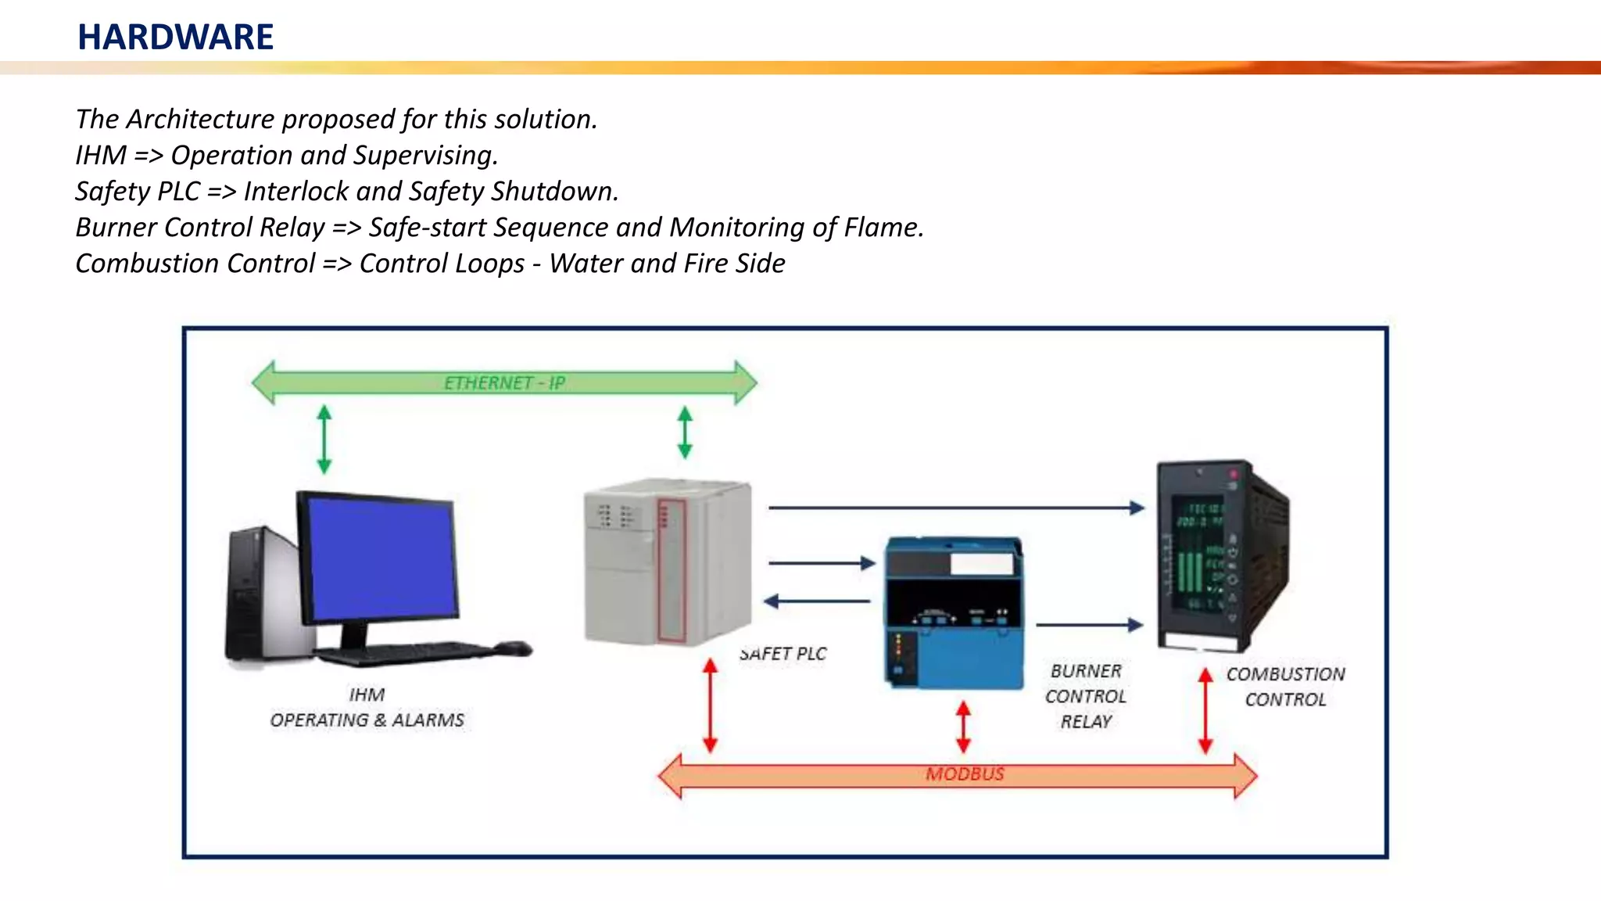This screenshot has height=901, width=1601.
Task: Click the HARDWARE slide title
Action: coord(175,37)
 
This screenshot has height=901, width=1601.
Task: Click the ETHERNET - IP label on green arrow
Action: coord(504,382)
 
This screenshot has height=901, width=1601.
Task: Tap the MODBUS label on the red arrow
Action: coord(965,774)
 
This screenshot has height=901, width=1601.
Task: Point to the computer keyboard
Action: coord(407,652)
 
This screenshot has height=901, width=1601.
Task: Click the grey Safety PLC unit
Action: coord(667,563)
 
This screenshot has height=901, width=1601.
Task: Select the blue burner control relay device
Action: coord(954,614)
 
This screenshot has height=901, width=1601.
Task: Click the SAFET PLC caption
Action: coord(783,654)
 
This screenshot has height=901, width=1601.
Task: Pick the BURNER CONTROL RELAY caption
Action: coord(1086,696)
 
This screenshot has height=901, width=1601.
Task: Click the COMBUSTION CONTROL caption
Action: coord(1285,687)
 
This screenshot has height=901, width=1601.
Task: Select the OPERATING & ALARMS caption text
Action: coord(367,720)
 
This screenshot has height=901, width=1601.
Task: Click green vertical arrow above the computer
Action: coord(324,439)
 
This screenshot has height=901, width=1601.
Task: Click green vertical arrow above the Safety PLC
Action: coord(685,432)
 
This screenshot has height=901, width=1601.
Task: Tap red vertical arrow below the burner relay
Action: coord(963,727)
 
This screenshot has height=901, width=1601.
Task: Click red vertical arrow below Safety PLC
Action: coord(710,705)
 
